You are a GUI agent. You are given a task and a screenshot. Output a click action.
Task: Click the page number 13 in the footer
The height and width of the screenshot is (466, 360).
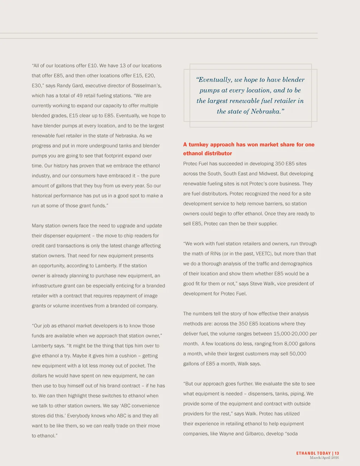[337, 453]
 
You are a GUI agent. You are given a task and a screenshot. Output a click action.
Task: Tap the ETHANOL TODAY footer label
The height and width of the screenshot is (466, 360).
[314, 453]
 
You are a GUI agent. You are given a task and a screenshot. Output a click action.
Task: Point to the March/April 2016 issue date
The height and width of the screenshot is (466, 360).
[324, 458]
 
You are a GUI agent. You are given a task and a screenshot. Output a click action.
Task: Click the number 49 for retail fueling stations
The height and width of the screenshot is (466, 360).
[80, 96]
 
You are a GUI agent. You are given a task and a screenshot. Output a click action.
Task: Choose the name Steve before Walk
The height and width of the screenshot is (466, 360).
[256, 283]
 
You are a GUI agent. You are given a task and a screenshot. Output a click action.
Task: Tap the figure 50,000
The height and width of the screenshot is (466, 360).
[298, 353]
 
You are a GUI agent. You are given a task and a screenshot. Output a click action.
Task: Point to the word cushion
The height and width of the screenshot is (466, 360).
[128, 356]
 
